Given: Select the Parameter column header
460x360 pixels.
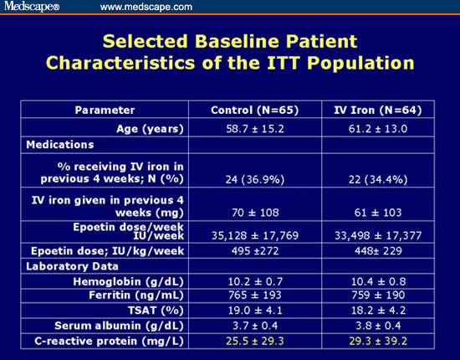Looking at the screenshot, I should [105, 111].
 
